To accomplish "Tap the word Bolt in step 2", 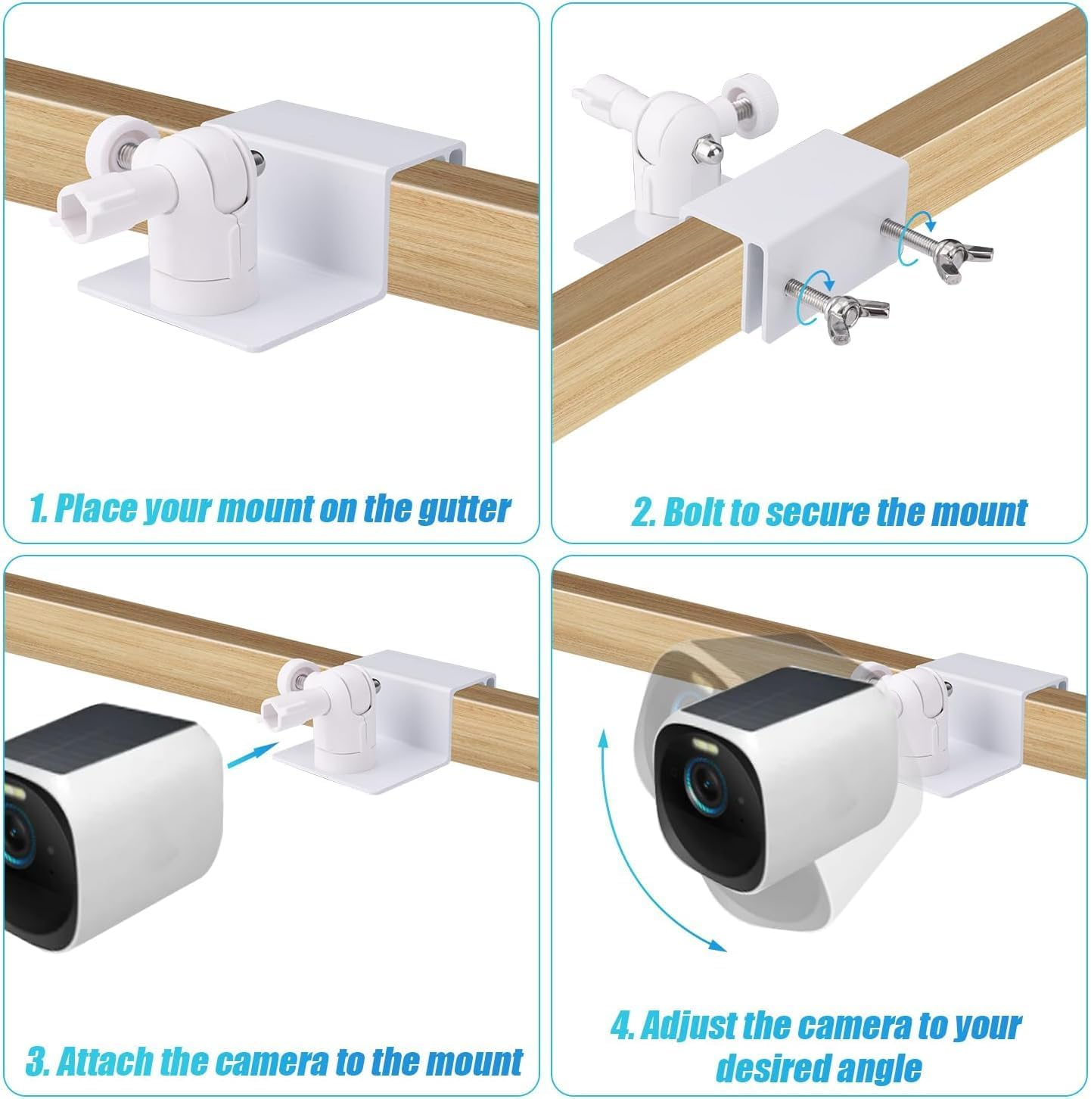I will click(x=695, y=512).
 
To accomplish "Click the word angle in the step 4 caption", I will click(x=878, y=1068).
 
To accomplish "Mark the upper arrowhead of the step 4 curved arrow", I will click(x=604, y=738).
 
